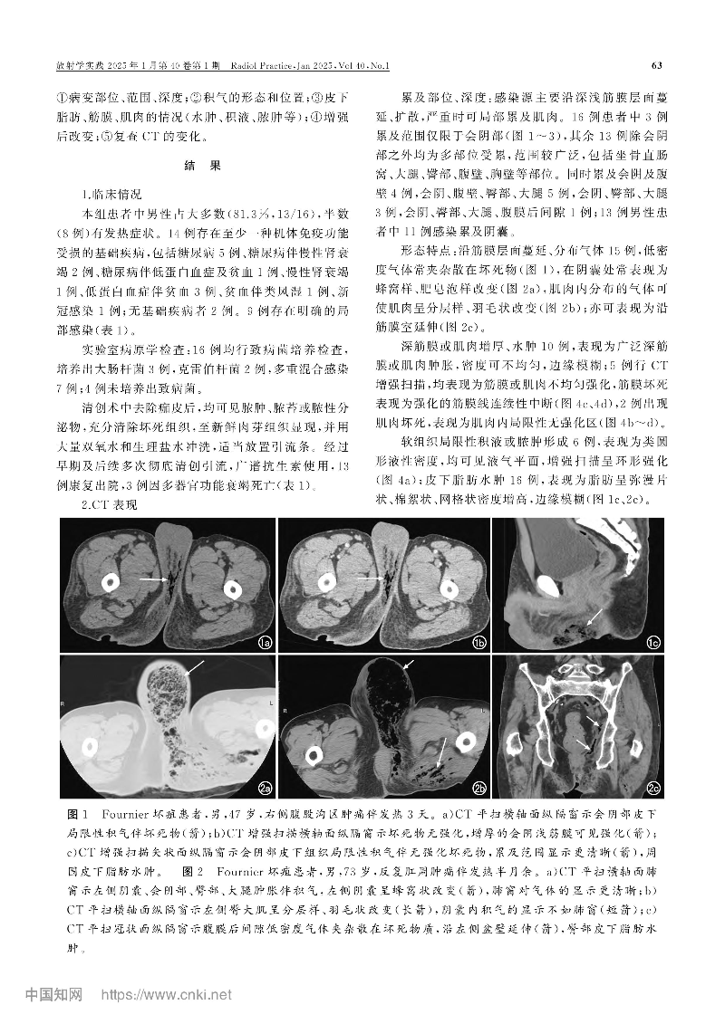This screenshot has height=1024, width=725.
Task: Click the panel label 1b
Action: click(x=477, y=643)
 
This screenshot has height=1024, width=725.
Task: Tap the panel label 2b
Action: click(x=478, y=787)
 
